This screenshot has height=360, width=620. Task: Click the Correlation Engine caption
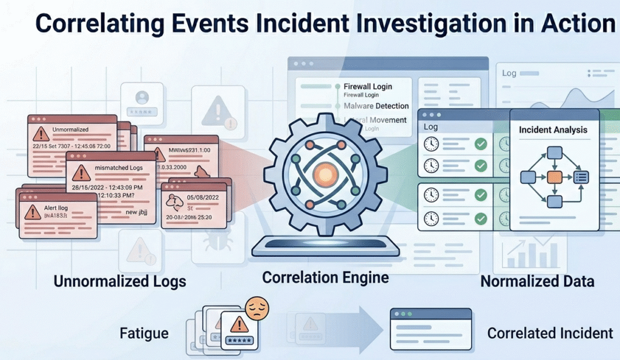pyautogui.click(x=325, y=278)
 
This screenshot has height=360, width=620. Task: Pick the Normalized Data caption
pyautogui.click(x=537, y=281)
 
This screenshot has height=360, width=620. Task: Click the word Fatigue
pyautogui.click(x=143, y=333)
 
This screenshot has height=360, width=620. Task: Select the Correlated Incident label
pyautogui.click(x=550, y=333)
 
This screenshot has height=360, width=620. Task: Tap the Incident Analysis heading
pyautogui.click(x=553, y=129)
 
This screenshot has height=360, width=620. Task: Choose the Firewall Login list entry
pyautogui.click(x=369, y=87)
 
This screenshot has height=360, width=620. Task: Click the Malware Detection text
pyautogui.click(x=375, y=106)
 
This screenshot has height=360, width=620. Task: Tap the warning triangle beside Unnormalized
pyautogui.click(x=41, y=133)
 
